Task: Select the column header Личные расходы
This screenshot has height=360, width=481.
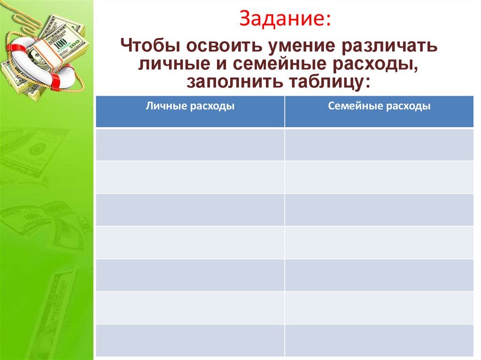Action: pyautogui.click(x=190, y=107)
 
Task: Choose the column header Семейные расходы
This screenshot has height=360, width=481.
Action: pyautogui.click(x=379, y=107)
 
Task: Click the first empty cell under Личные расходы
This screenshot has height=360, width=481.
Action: pyautogui.click(x=190, y=145)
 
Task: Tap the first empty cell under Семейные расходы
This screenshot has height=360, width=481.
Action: pyautogui.click(x=379, y=145)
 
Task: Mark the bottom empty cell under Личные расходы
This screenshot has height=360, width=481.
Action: pyautogui.click(x=190, y=340)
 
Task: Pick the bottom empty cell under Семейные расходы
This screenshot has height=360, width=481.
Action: pyautogui.click(x=379, y=340)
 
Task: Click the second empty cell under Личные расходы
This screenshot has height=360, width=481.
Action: pyautogui.click(x=190, y=177)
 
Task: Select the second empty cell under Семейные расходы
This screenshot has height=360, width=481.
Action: pyautogui.click(x=379, y=177)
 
